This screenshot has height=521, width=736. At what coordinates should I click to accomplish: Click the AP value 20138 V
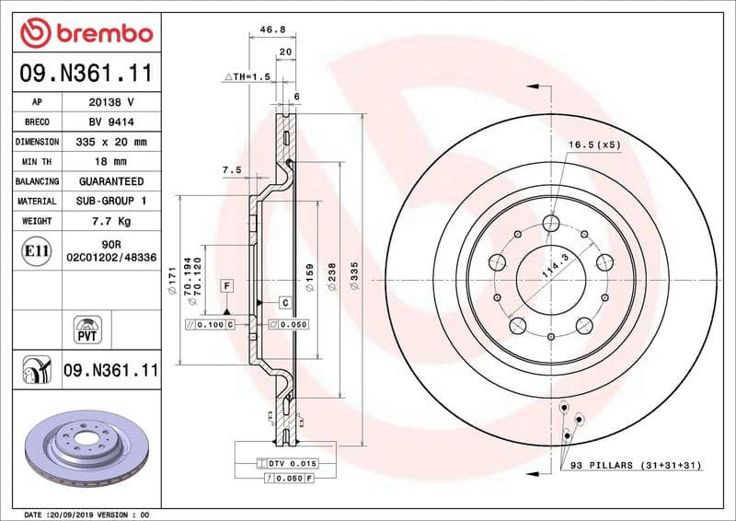(111, 101)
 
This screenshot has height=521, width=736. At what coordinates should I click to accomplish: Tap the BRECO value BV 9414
(111, 122)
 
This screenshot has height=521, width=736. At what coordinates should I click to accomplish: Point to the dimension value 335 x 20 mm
(111, 142)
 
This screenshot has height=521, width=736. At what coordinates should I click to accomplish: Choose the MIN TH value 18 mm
(111, 162)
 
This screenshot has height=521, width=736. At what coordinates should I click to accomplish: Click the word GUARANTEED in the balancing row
(111, 181)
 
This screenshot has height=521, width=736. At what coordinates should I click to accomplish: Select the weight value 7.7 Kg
(111, 221)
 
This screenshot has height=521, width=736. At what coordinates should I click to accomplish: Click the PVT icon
(86, 330)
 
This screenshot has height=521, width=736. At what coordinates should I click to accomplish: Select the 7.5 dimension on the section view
(231, 170)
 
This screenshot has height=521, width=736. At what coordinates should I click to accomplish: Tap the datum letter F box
(225, 286)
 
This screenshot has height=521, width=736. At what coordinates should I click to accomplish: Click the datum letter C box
(285, 302)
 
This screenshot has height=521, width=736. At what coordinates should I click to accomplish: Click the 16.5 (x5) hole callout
(593, 145)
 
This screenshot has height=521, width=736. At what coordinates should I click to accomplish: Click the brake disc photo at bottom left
(81, 451)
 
